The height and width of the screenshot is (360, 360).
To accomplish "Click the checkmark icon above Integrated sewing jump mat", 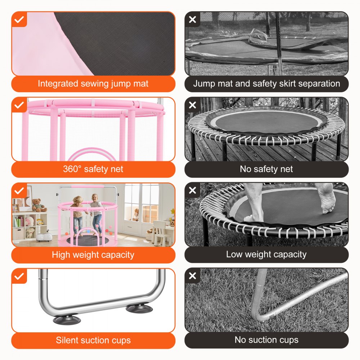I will click(19, 19).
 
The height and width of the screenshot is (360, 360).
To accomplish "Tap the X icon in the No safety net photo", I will click(193, 105).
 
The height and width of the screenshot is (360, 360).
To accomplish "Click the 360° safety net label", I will click(93, 169).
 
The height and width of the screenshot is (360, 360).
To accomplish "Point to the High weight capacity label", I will click(93, 255).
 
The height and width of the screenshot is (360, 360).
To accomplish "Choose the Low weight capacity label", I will click(266, 255).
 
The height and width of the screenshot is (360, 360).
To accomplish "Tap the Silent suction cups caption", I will click(93, 340).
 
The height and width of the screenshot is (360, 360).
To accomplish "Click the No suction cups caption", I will click(266, 339).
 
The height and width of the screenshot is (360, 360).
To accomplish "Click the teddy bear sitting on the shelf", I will click(39, 205).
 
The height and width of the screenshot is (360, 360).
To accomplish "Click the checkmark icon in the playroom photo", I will click(19, 190).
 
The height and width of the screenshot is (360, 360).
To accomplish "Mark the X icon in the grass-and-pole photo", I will click(193, 276).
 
